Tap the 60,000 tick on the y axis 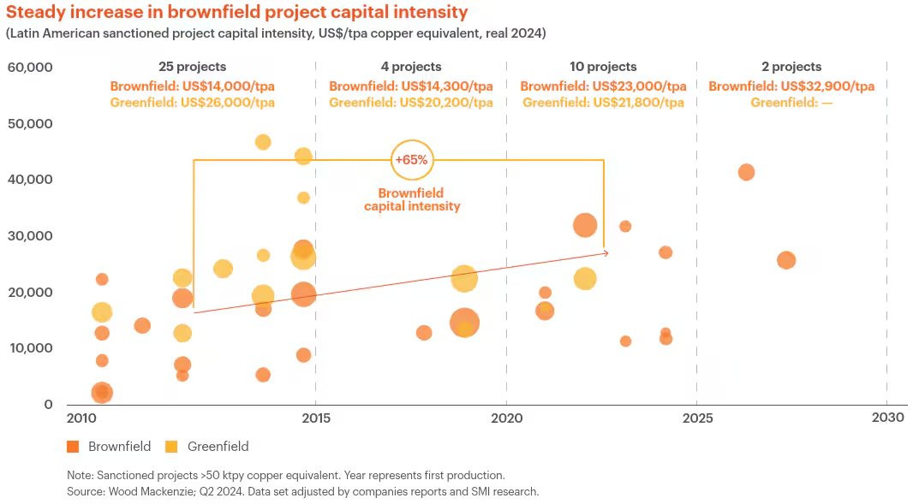point(30,68)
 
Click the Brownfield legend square point(73,446)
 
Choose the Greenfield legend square point(170,446)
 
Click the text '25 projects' point(192,67)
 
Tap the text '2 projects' point(791,67)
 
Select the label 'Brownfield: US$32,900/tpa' point(791,86)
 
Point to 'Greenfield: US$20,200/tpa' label point(411,103)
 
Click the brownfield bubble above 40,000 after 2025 point(746,172)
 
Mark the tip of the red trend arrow point(608,252)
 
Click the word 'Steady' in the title point(35,12)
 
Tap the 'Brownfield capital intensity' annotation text point(411,199)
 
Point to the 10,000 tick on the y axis point(30,348)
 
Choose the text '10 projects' point(603,67)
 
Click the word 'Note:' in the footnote point(82,475)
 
